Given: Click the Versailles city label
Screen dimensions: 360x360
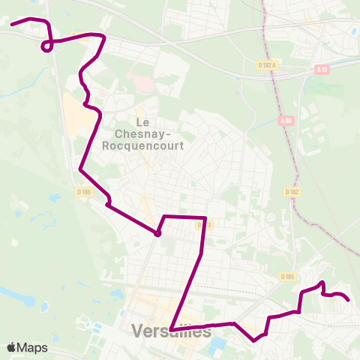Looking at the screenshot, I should (x=171, y=331).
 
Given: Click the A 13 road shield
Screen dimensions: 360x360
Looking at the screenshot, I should (x=322, y=70).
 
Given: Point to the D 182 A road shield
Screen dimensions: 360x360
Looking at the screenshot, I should (x=265, y=65).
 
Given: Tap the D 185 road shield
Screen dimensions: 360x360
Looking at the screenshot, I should (x=286, y=277).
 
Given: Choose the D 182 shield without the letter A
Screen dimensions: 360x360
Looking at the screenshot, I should (x=292, y=192).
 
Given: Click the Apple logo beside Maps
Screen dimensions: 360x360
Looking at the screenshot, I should (x=12, y=347).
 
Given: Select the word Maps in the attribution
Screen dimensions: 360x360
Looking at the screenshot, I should (x=32, y=347).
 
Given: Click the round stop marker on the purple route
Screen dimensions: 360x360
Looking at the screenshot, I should (x=157, y=233).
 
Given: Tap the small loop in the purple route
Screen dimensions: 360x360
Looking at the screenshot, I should (x=47, y=46).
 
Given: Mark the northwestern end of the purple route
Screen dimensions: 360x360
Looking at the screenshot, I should (x=11, y=25).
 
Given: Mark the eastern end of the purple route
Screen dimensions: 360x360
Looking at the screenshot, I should (x=349, y=300).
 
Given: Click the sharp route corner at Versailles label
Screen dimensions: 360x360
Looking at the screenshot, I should (x=171, y=328).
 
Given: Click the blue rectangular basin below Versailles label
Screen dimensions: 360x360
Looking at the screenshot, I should (x=218, y=346).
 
